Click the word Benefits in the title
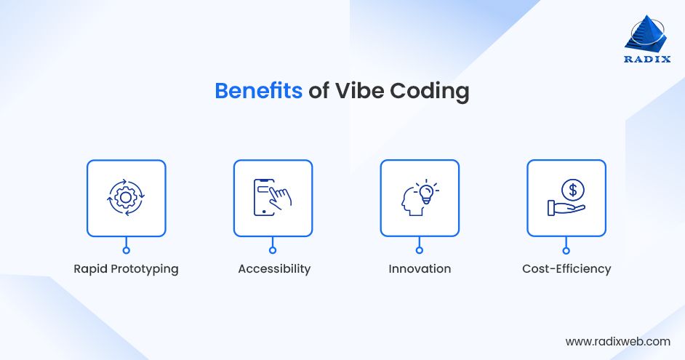coord(258,92)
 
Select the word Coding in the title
coord(429,92)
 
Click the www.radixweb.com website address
coord(617,340)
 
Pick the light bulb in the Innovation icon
coord(428,191)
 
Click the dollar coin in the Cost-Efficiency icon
coord(573,191)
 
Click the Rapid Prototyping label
coord(126,268)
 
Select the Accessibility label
coord(274,268)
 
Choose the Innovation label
coord(420,268)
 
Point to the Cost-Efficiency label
coord(566,268)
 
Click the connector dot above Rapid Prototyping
coord(126,250)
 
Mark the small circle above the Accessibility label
coord(273,250)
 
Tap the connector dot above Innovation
coord(420,250)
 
